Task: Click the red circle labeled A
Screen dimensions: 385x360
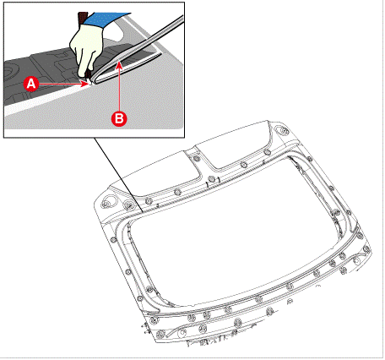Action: [31, 84]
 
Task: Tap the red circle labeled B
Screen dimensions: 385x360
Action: [119, 118]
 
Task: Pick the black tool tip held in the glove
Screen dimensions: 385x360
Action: [87, 75]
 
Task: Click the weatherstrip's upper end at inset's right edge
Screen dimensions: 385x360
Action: [181, 19]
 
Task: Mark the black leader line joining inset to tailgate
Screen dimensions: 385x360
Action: [118, 175]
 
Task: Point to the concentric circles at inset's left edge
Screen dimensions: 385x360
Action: [9, 71]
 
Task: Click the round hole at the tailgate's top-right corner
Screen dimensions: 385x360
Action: [281, 129]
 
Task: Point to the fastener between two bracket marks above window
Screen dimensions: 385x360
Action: [211, 179]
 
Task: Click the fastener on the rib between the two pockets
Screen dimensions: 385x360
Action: [197, 158]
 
